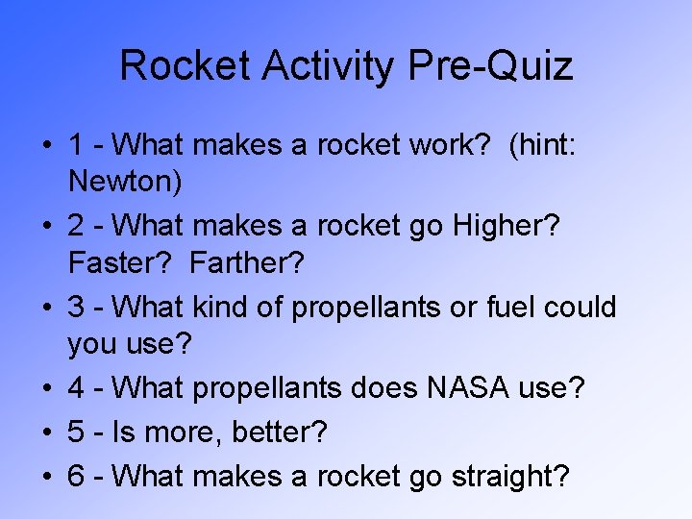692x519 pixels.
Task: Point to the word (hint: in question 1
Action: pos(556,146)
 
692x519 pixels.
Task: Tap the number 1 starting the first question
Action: pos(76,146)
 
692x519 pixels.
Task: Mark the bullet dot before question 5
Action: pos(46,432)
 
